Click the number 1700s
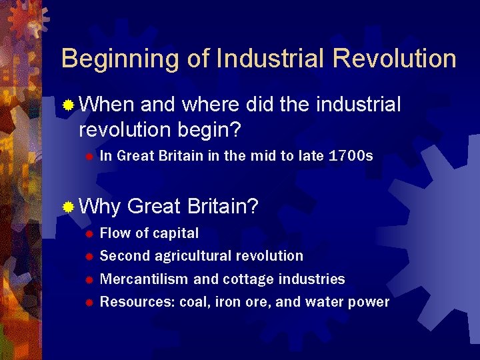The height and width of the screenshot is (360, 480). point(351,157)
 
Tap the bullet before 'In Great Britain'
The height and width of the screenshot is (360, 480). point(87,157)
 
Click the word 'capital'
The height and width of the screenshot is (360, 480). point(176,233)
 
